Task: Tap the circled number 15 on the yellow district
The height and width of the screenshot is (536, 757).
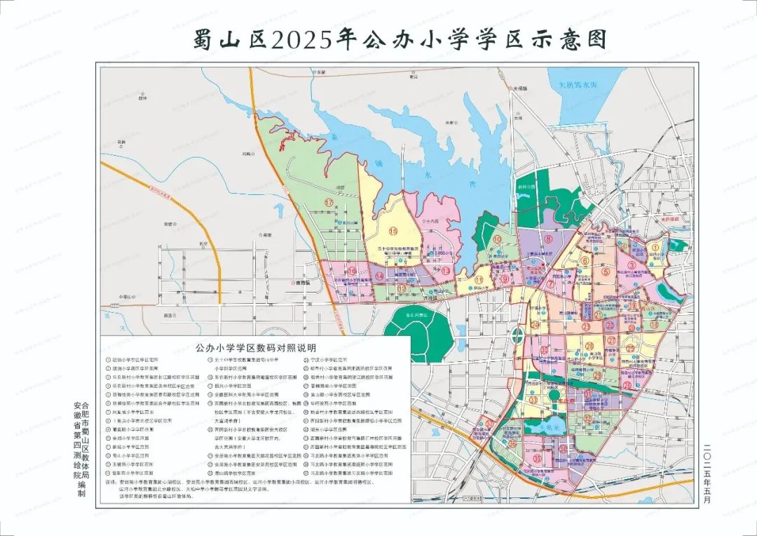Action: point(393,231)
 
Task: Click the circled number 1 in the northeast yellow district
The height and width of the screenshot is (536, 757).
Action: point(655,246)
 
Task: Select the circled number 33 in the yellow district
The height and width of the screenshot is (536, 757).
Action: point(533,400)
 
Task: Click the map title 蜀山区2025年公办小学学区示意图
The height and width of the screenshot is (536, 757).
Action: point(400,39)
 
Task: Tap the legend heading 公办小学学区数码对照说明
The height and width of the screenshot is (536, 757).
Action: point(256,347)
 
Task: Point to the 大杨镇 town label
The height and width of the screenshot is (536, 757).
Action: point(519,89)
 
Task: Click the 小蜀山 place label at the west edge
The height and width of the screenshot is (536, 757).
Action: point(125,295)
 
